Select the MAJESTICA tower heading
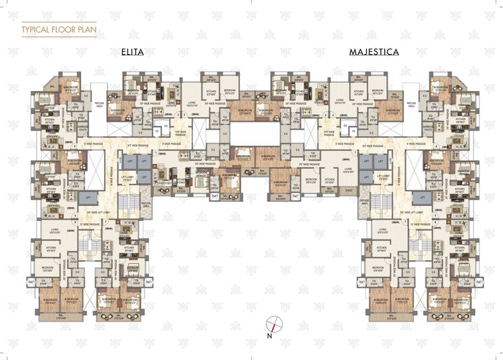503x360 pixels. (x=373, y=51)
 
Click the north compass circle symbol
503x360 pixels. (x=273, y=322)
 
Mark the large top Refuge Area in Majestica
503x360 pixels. (x=412, y=104)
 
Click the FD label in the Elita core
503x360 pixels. (x=157, y=132)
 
